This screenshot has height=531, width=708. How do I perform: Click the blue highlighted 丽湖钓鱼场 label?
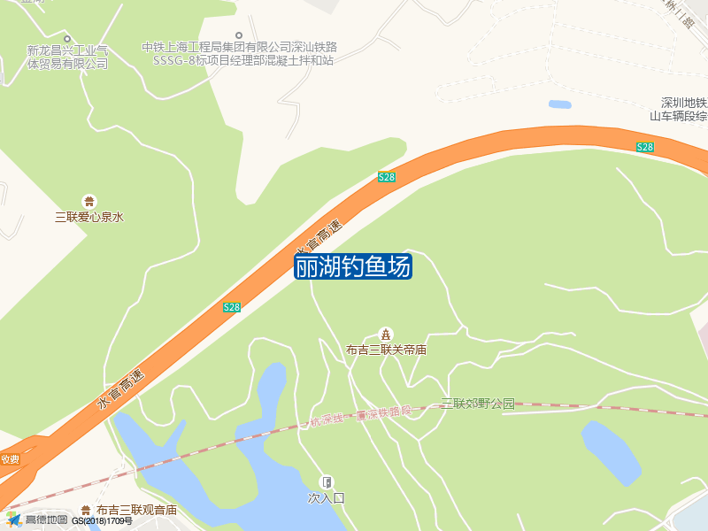click(352, 266)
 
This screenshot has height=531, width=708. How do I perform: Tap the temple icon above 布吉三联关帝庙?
click(386, 334)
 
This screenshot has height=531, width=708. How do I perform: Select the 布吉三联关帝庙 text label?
click(386, 350)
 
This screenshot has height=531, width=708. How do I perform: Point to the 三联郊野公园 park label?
click(478, 404)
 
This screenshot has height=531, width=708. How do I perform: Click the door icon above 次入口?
click(326, 482)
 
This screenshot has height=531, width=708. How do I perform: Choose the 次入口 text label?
click(326, 498)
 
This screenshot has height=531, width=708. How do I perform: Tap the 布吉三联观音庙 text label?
click(136, 510)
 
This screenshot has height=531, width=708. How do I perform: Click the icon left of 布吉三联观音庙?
click(85, 510)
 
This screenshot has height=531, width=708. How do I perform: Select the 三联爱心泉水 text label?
click(88, 216)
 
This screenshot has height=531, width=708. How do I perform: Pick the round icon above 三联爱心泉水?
click(88, 201)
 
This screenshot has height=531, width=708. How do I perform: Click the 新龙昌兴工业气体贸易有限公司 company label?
click(67, 57)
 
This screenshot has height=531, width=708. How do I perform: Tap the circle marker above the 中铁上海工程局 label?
click(238, 35)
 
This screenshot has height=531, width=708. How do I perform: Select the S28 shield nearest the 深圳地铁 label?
click(645, 147)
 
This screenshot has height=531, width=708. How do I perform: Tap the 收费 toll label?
click(10, 459)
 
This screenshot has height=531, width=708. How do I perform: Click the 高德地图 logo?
click(37, 519)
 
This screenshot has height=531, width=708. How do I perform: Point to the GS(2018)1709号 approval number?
click(103, 520)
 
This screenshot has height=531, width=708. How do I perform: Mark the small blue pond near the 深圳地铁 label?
click(559, 104)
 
